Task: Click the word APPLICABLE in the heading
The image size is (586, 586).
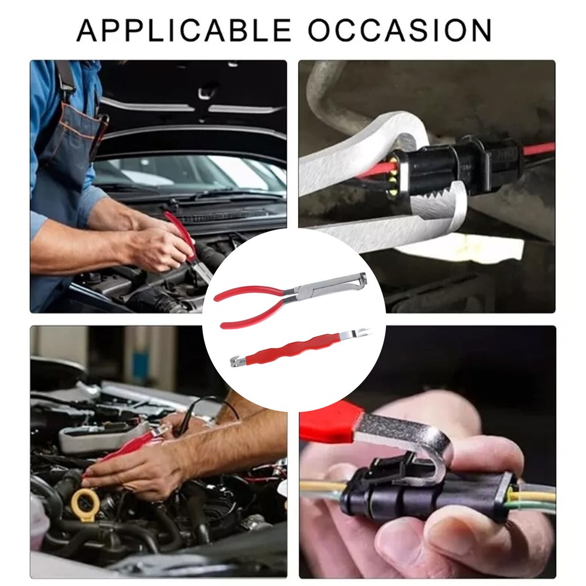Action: [184, 30]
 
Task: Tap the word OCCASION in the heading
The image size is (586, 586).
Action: [401, 30]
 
